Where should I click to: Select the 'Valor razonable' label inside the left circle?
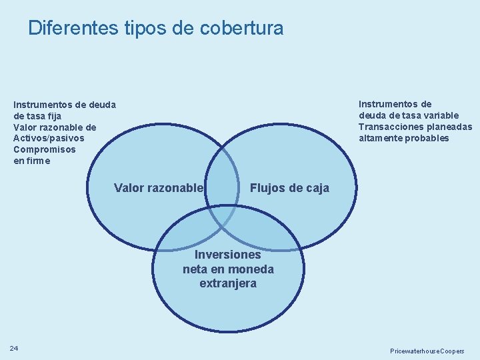[158, 188]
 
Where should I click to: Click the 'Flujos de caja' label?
[289, 188]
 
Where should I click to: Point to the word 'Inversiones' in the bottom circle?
[228, 255]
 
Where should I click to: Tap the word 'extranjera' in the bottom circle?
[228, 283]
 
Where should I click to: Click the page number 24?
[14, 348]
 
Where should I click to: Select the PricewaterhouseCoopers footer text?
[427, 351]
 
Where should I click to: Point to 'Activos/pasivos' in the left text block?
[49, 138]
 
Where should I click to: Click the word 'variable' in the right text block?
[438, 115]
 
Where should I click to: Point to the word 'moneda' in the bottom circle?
[251, 269]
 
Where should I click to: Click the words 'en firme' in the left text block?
[31, 161]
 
